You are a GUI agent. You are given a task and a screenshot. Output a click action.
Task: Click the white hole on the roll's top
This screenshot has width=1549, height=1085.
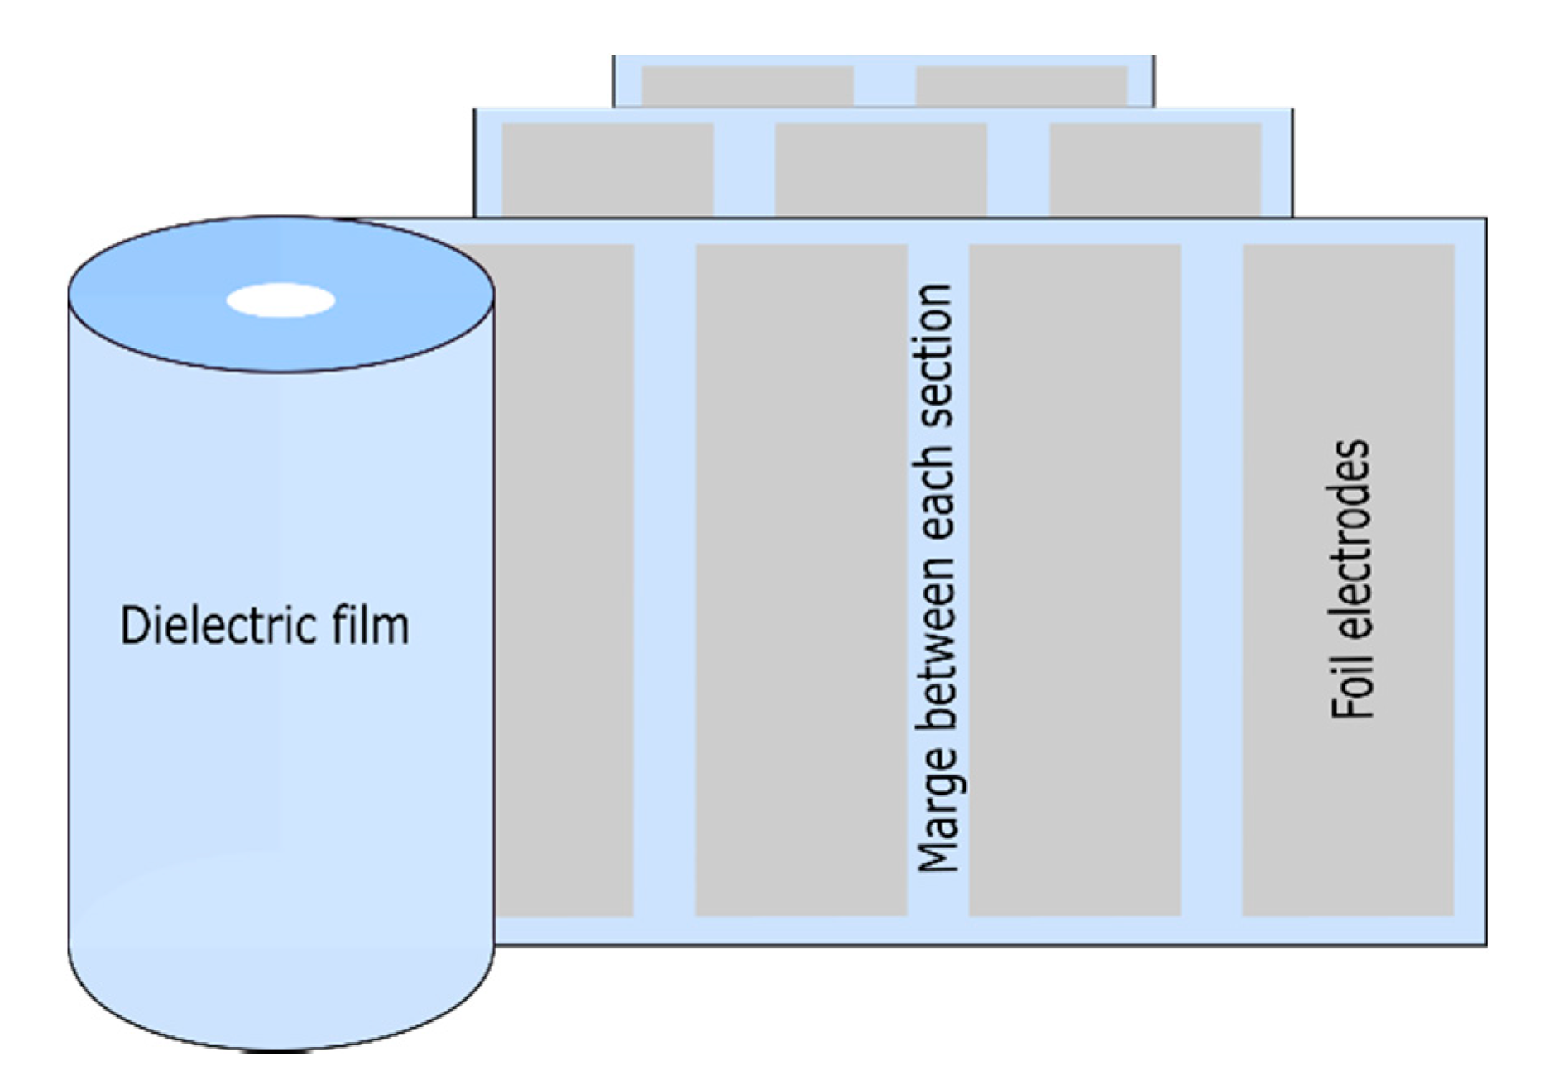point(281,300)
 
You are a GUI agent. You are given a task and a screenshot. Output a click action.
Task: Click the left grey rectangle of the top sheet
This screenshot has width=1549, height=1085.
point(747,85)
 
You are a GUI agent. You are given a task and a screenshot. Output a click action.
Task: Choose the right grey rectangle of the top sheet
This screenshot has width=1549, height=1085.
point(1021,85)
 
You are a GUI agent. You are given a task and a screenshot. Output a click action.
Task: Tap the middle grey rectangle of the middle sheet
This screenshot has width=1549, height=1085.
point(880,170)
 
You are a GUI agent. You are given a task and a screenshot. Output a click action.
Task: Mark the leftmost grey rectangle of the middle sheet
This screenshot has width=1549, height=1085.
point(607,170)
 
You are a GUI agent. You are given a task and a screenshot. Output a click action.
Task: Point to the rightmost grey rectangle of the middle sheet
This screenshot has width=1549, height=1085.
point(1155,170)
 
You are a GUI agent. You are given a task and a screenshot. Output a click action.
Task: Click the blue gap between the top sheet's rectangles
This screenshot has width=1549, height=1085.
point(885,85)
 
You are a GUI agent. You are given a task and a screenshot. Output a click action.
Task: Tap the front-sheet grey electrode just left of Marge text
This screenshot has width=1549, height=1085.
point(801,579)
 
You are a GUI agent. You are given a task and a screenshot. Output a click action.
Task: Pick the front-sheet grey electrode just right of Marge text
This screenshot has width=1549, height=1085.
point(1074,579)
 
